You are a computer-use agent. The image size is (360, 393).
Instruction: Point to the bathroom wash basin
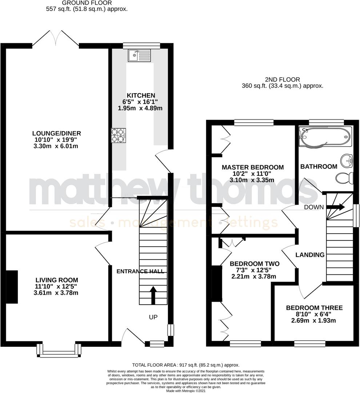[x=347, y=159]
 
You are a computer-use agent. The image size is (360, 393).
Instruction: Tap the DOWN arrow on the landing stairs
[x=336, y=207]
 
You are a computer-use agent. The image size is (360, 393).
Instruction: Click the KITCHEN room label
[x=141, y=95]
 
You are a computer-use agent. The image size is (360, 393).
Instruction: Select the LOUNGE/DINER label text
[x=56, y=133]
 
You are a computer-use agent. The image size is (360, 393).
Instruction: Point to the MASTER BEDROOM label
[x=253, y=167]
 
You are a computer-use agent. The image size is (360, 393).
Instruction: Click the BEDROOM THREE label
[x=314, y=308]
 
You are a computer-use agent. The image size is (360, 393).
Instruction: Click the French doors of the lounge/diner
[x=56, y=38]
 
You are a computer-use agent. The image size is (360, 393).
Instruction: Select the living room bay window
[x=59, y=350]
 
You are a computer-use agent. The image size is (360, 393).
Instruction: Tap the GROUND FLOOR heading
[x=87, y=3]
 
